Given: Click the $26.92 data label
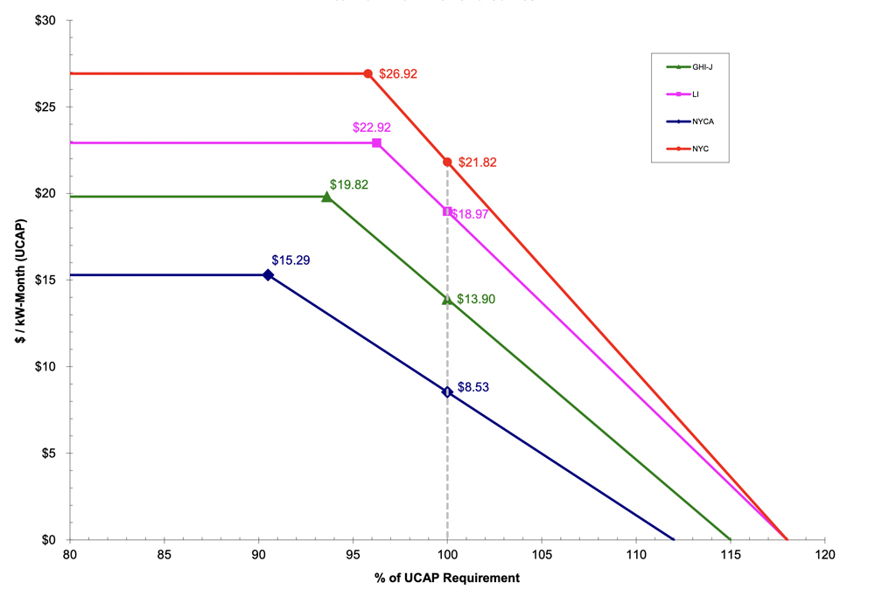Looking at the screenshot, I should (398, 74).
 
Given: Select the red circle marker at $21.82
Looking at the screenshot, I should (447, 162).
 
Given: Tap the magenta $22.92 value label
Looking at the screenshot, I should (371, 128).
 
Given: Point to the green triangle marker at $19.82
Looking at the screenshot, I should (327, 197).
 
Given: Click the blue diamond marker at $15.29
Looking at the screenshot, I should (268, 274).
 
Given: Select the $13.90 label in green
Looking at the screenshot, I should (476, 299).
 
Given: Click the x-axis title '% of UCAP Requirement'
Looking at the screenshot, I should (447, 578).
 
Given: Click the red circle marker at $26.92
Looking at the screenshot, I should (367, 74).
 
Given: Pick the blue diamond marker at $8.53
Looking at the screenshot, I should (447, 392).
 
